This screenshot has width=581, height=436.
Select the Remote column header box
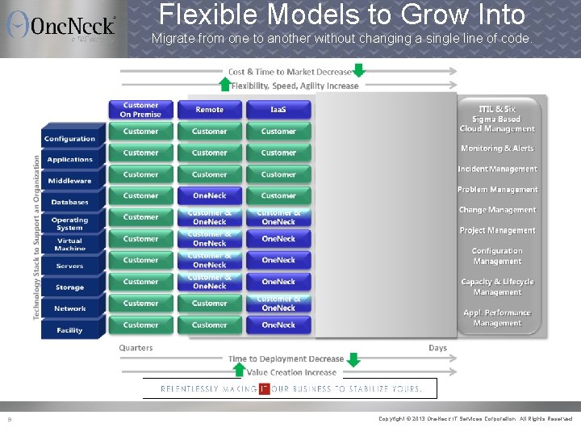209,109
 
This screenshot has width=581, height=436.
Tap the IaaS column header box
278,109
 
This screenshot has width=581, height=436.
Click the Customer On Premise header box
140,109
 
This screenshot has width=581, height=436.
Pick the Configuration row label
70,139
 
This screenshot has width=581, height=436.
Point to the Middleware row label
70,181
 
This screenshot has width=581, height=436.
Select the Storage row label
70,287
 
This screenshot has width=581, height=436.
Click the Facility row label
70,329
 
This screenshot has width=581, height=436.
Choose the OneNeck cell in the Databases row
209,195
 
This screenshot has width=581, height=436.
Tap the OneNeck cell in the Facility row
278,325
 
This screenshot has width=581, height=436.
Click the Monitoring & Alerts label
497,149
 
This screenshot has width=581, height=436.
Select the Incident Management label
497,169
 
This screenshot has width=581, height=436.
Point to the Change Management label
497,210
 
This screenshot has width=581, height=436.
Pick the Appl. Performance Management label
497,317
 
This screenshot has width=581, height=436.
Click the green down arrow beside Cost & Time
358,70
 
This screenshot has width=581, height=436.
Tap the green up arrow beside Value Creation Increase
238,370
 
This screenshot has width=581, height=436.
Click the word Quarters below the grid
136,348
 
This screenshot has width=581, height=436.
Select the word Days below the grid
437,348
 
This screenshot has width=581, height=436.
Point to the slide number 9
9,419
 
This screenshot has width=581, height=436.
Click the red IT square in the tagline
264,388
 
